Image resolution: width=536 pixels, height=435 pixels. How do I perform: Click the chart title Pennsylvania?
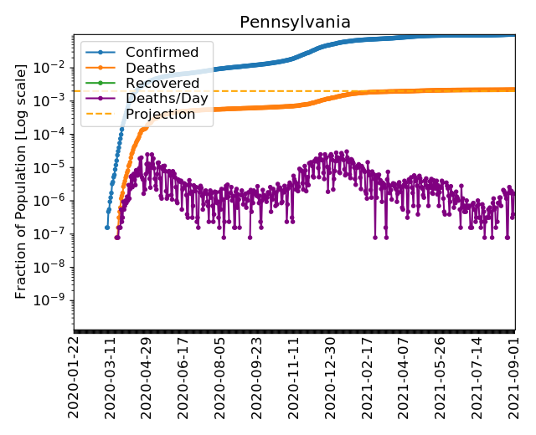pos(295,23)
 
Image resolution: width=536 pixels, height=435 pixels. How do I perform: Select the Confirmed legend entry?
pos(162,53)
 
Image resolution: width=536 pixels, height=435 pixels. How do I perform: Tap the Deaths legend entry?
pos(150,68)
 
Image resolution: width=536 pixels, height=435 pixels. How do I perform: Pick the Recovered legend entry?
pos(162,84)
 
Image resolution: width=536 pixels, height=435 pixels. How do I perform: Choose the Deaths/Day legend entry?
pos(167,99)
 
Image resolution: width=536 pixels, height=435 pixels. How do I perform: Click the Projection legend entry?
pos(160,115)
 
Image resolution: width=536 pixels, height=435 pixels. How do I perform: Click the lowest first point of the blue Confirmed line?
pos(107,227)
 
